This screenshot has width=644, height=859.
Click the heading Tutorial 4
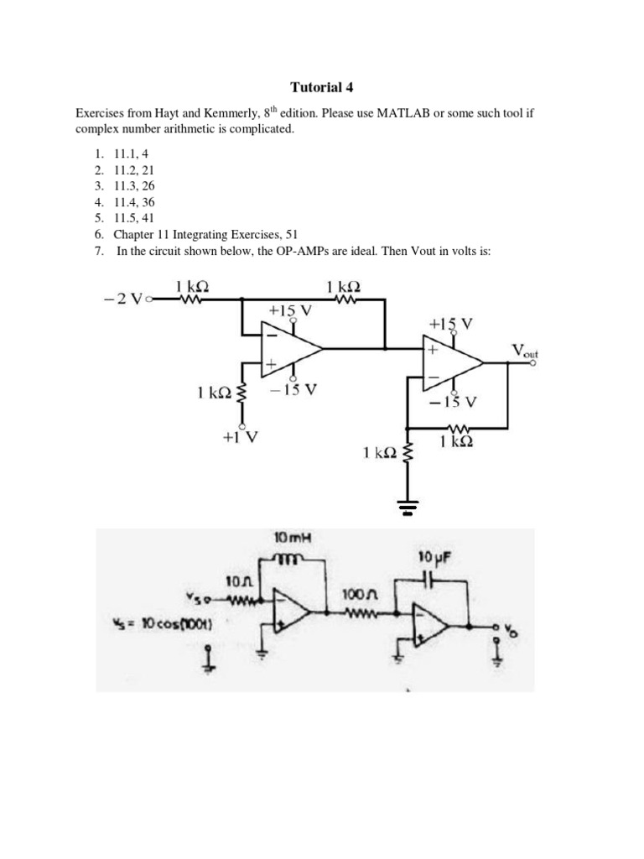pyautogui.click(x=321, y=86)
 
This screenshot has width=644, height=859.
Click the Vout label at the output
pyautogui.click(x=525, y=350)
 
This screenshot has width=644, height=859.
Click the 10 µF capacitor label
pyautogui.click(x=435, y=556)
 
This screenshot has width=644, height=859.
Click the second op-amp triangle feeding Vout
pyautogui.click(x=453, y=362)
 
